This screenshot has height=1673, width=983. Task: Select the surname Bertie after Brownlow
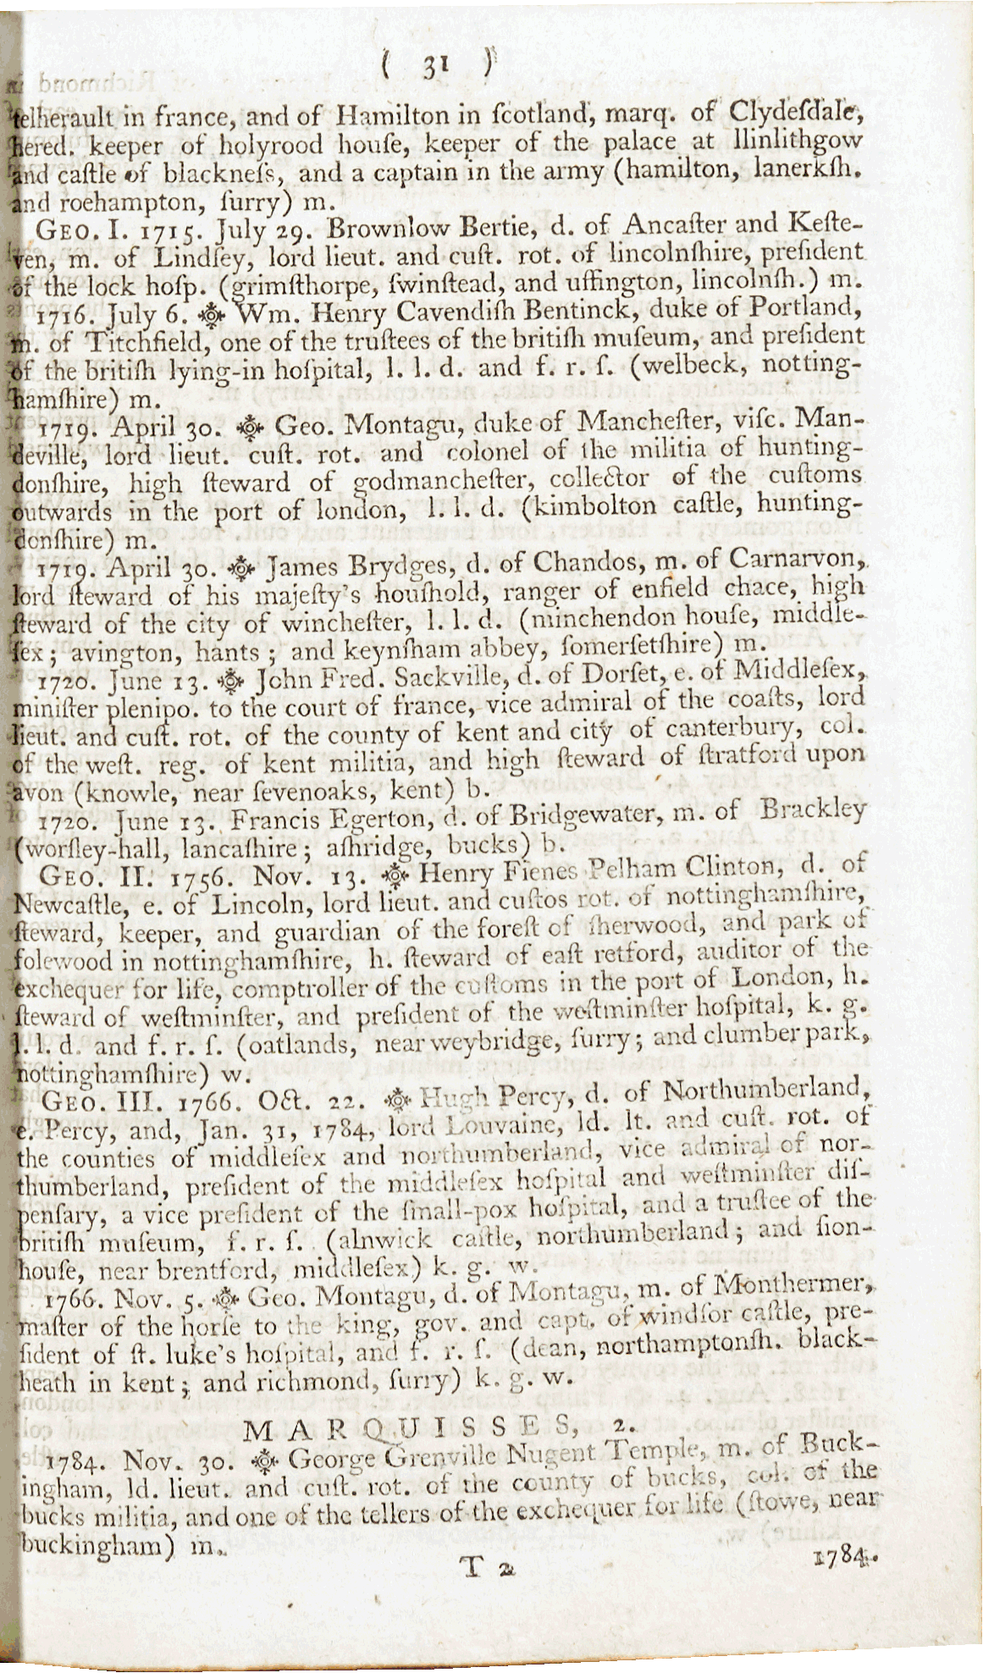505,227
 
